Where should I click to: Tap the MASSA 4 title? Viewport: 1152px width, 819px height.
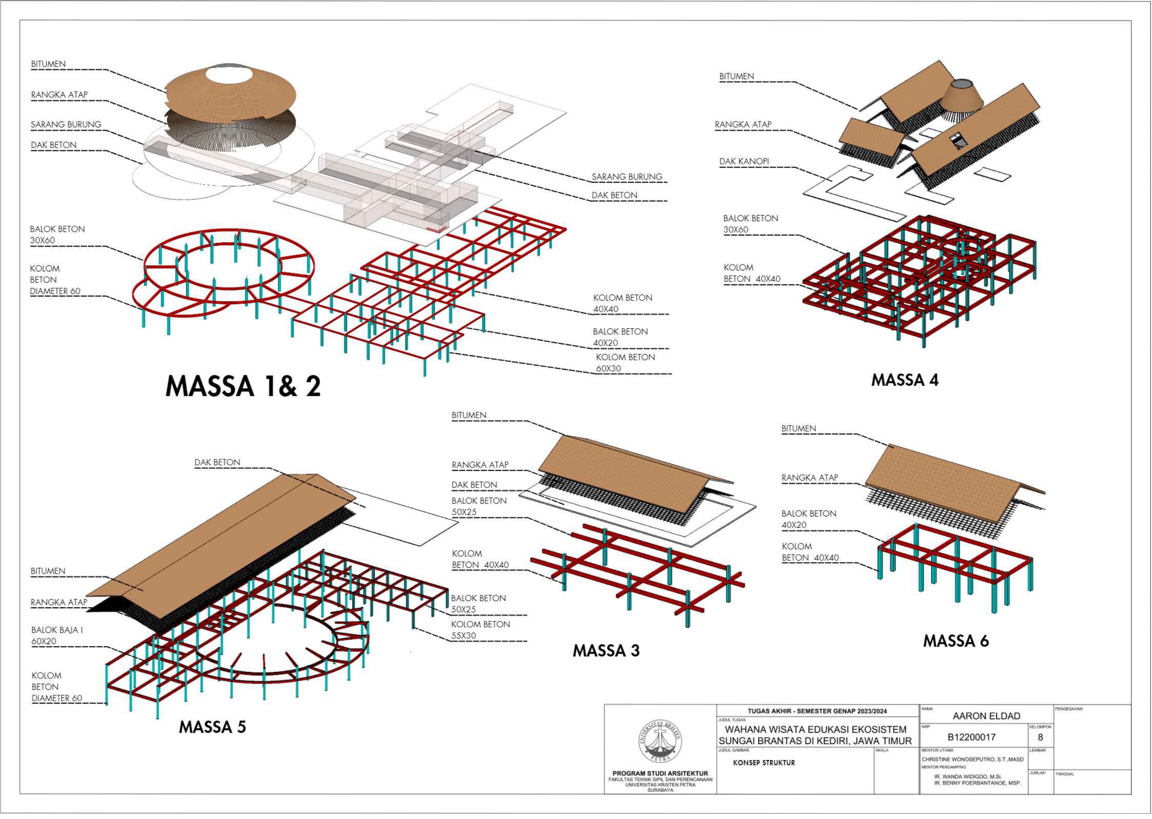coord(905,380)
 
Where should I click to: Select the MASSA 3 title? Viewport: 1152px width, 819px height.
coord(606,651)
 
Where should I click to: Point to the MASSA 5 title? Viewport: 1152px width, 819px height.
coord(212,727)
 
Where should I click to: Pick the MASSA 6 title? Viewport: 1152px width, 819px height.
coord(956,641)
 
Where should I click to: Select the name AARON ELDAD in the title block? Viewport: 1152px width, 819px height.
coord(986,716)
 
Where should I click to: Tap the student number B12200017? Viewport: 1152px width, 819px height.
coord(971,737)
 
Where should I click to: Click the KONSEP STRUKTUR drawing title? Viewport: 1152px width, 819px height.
coord(764,763)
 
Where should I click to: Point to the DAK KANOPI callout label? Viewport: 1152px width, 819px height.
coord(744,161)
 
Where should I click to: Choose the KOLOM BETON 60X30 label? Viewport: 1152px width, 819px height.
coord(625,363)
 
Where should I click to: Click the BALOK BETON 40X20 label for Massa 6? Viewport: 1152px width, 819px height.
coord(809,519)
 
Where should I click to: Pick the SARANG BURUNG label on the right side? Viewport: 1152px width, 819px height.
coord(627,177)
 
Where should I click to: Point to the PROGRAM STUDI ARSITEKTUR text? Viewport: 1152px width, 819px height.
coord(660,773)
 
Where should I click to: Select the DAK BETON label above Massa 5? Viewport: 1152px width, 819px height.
coord(217,462)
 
